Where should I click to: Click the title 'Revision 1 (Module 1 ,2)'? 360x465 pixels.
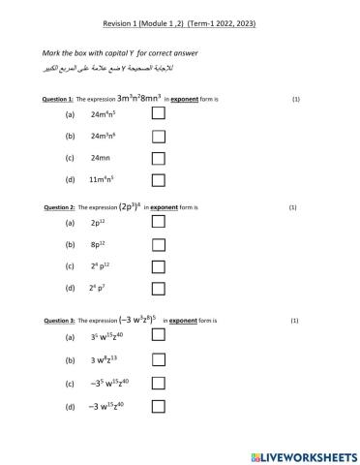(146, 21)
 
